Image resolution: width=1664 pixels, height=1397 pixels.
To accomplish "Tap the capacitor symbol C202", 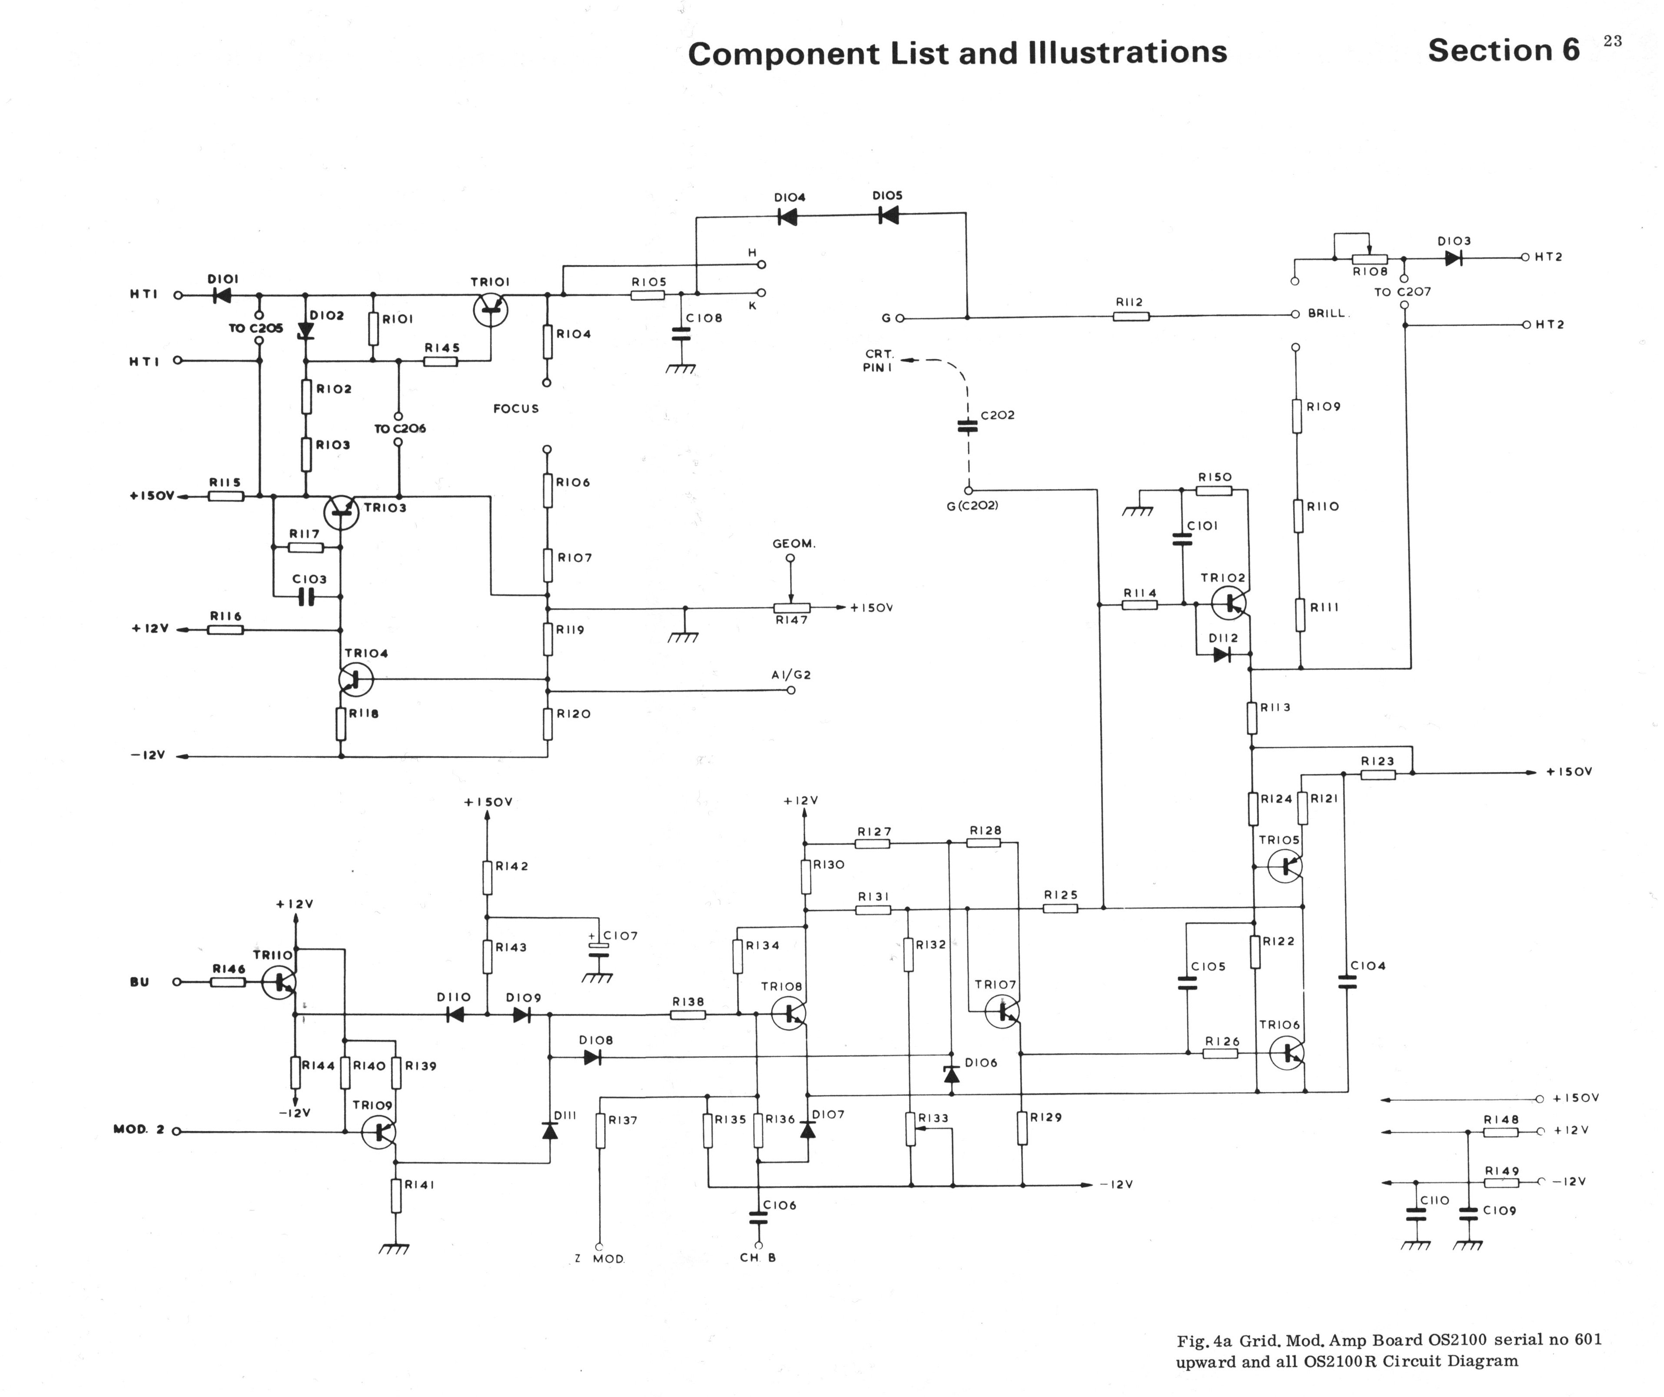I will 968,426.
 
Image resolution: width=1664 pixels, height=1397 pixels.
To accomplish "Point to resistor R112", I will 1131,316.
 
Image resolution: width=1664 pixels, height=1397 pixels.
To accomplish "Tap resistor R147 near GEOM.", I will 792,608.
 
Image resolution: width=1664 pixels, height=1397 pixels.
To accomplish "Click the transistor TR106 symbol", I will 1285,1053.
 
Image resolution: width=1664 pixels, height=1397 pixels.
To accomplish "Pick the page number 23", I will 1613,41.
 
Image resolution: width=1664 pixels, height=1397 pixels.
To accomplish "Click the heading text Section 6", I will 1503,51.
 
